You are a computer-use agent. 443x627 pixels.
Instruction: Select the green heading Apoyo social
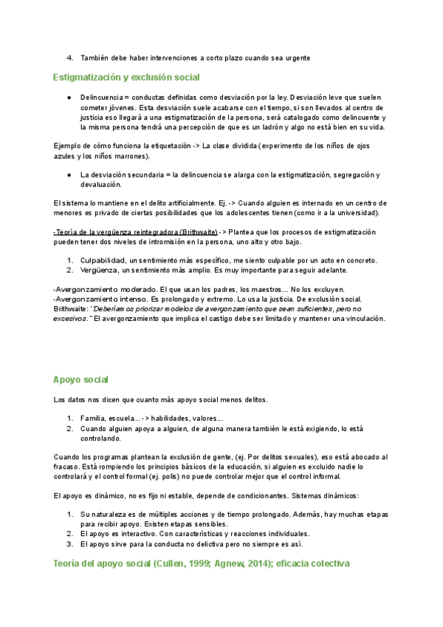click(80, 380)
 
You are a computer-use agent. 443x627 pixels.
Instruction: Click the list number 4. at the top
click(70, 58)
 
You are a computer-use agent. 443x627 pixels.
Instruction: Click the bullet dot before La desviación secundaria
click(68, 175)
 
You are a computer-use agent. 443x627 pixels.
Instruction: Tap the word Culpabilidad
click(103, 260)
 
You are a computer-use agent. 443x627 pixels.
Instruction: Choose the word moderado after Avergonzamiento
click(129, 289)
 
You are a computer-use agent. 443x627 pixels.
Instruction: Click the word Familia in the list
click(93, 418)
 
